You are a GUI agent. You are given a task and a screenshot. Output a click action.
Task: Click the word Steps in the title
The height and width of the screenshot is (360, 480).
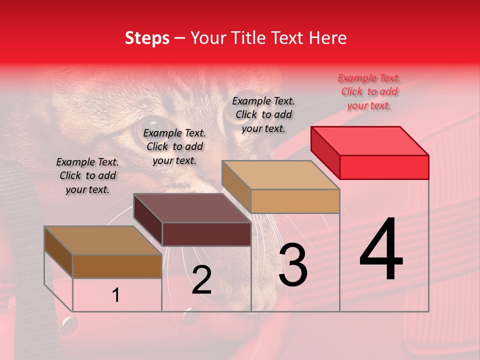(x=147, y=38)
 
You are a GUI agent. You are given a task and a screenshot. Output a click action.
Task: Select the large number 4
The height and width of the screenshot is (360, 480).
(x=381, y=250)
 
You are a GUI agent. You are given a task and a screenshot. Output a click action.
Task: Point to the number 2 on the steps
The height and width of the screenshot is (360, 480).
(x=201, y=280)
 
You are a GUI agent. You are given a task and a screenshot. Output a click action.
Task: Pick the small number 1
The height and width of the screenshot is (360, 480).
(x=116, y=295)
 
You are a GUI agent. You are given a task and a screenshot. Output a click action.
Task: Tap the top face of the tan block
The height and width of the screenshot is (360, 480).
(x=280, y=175)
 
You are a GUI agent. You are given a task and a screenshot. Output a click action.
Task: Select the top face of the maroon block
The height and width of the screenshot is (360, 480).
(x=192, y=208)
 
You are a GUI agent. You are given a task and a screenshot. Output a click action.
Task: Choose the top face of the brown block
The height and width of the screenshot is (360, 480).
(x=103, y=240)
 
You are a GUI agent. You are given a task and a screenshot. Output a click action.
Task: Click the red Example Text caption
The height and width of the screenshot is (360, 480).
(x=369, y=91)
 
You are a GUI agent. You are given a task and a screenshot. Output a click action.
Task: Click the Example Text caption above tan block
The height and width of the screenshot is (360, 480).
(x=263, y=114)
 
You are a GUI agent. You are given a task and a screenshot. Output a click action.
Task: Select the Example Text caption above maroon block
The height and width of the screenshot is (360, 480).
(x=174, y=146)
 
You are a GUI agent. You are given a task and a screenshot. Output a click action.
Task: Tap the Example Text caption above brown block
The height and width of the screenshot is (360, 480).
(x=87, y=175)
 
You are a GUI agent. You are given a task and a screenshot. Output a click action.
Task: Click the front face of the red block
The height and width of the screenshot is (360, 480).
(x=384, y=167)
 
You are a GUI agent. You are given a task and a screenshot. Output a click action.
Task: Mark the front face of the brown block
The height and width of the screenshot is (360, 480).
(x=117, y=266)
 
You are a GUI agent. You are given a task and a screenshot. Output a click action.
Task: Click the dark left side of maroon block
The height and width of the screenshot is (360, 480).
(x=148, y=220)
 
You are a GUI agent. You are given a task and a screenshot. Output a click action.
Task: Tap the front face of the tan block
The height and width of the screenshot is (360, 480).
(x=295, y=201)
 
